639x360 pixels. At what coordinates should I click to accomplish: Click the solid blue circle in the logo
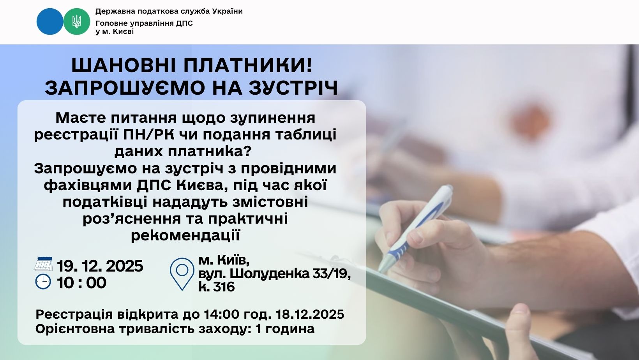click(x=50, y=21)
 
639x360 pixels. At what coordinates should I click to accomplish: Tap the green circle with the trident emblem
click(x=76, y=21)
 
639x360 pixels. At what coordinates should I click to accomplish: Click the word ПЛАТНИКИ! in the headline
click(x=248, y=65)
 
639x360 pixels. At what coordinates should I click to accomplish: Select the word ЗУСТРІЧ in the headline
click(x=293, y=88)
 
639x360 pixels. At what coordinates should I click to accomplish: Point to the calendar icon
click(x=43, y=264)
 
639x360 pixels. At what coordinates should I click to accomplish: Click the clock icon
click(x=43, y=282)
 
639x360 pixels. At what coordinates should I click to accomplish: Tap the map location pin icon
click(x=182, y=274)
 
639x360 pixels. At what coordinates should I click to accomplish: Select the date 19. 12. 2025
click(x=100, y=266)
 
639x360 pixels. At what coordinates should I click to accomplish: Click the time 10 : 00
click(x=81, y=283)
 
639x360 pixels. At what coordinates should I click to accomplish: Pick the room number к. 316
click(x=217, y=287)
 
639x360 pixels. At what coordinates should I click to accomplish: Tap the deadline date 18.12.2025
click(x=310, y=314)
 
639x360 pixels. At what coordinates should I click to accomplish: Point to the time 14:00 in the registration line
click(x=222, y=314)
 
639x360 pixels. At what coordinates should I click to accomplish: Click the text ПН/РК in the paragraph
click(x=148, y=134)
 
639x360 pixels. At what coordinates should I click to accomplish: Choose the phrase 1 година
click(x=285, y=329)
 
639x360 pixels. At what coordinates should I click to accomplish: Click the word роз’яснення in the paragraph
click(x=132, y=219)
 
